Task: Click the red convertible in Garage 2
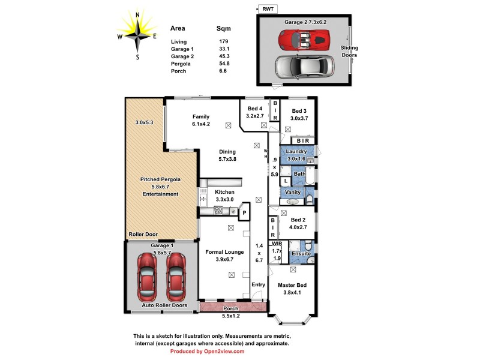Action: [304, 40]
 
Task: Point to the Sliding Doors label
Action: [349, 51]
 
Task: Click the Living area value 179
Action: [223, 41]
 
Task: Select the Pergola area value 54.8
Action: [224, 64]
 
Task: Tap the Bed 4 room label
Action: [251, 112]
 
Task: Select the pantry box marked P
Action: [244, 212]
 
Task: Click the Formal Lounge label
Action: [224, 252]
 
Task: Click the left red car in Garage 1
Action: [147, 277]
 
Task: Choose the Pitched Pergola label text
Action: [160, 179]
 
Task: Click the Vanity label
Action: [293, 192]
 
